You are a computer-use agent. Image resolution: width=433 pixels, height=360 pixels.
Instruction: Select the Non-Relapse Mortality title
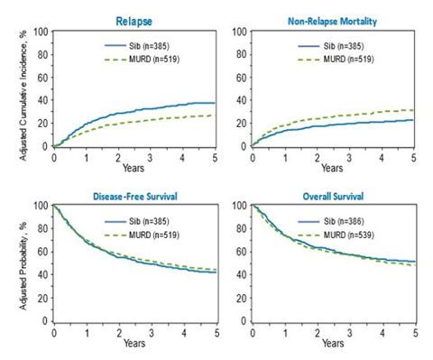332,20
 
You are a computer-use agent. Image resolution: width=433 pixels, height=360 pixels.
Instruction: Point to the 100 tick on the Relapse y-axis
41,32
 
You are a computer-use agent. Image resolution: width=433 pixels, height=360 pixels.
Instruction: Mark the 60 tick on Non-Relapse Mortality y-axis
241,78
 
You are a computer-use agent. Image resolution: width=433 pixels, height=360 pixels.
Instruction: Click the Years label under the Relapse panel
134,168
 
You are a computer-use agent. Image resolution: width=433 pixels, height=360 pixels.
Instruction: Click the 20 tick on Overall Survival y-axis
241,299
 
